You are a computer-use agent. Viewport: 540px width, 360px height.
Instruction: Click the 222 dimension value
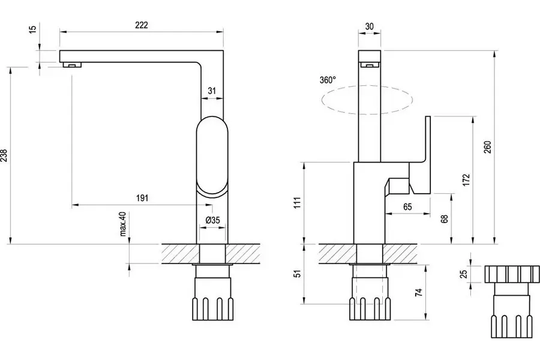[142, 25]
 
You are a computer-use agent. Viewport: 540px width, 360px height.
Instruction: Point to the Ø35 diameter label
[214, 220]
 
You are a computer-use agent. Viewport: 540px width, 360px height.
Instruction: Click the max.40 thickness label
[124, 224]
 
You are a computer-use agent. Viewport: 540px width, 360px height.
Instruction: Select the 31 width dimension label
[211, 91]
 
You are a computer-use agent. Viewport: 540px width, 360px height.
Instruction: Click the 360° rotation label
[328, 80]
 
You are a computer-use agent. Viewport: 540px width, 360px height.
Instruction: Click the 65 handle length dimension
[407, 206]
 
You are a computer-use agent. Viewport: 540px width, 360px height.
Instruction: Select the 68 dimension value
[445, 219]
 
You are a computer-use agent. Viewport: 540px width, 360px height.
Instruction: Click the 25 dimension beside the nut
[463, 274]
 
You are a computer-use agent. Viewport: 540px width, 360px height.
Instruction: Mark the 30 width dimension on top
[369, 26]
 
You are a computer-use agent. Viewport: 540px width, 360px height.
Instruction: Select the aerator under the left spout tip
[73, 65]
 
